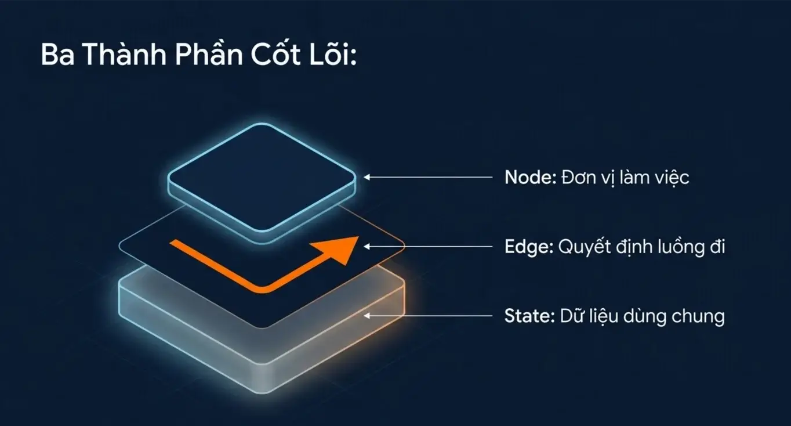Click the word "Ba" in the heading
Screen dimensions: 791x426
tap(57, 55)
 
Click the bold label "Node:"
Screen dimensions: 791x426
tap(531, 177)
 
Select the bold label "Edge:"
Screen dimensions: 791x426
tap(529, 247)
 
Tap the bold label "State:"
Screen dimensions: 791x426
tap(529, 316)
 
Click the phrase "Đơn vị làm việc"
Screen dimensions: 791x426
tap(625, 177)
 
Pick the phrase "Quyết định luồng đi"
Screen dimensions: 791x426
tap(641, 247)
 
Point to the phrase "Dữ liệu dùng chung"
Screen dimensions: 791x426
tap(643, 316)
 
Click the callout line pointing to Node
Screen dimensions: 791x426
tap(428, 177)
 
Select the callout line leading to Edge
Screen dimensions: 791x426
tap(428, 247)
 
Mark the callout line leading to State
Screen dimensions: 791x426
tap(428, 316)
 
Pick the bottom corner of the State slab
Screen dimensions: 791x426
tap(262, 393)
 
